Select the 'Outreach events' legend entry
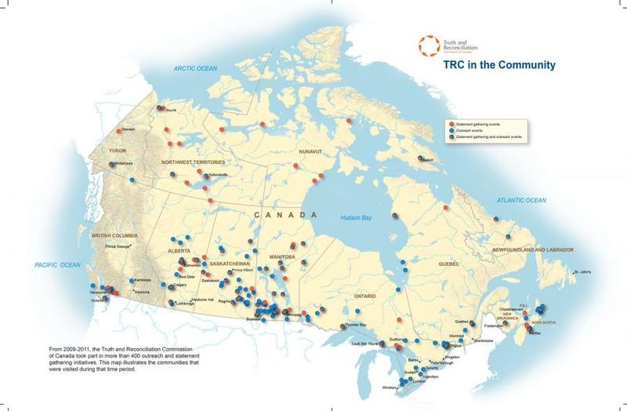pyautogui.click(x=481, y=129)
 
